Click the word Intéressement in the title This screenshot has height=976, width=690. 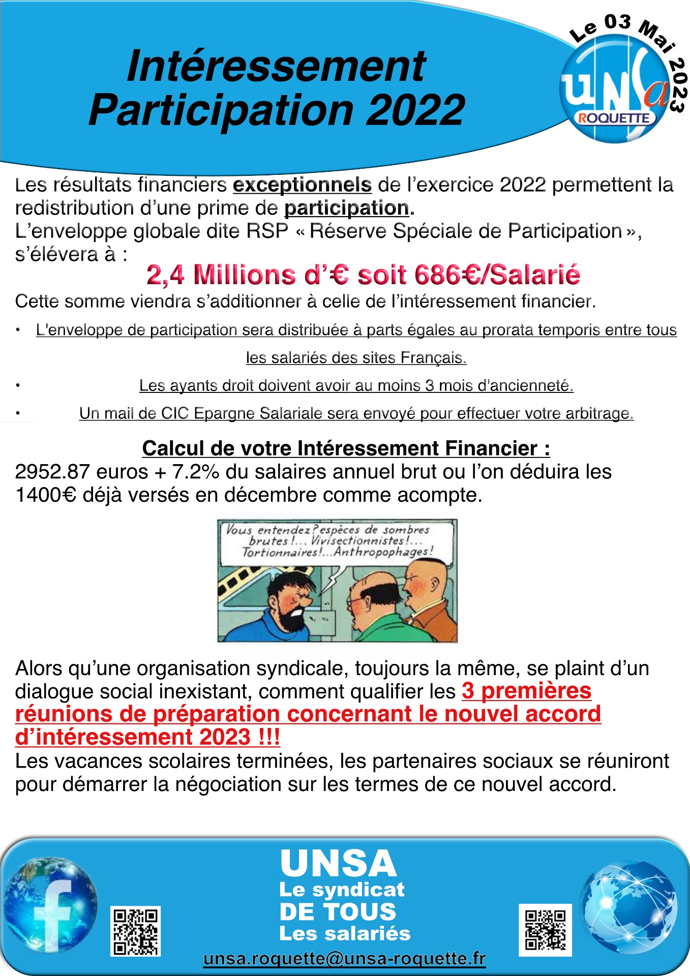click(276, 66)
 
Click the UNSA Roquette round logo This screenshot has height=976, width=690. click(614, 89)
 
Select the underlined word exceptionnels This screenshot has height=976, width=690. click(302, 185)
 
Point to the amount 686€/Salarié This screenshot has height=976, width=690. click(497, 275)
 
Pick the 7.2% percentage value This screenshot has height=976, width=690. click(196, 472)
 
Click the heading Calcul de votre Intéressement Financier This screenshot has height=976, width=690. click(346, 448)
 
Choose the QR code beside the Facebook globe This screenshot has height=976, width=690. click(135, 931)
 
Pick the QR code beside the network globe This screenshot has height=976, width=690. click(545, 930)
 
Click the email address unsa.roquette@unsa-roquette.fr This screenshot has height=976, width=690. click(344, 959)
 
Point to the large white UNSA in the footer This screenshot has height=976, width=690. click(338, 864)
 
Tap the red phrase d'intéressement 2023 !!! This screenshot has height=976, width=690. click(147, 737)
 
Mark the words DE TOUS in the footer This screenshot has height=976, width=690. click(338, 911)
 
